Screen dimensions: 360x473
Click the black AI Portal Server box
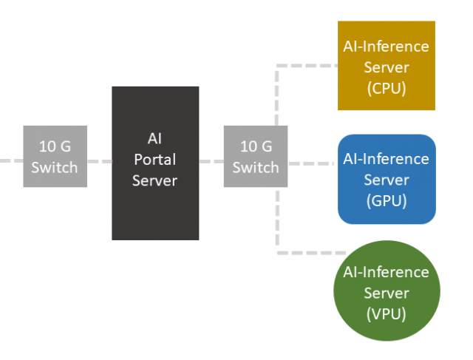pos(155,163)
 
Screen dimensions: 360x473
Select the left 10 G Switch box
pos(54,156)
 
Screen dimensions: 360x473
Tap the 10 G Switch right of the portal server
pos(256,156)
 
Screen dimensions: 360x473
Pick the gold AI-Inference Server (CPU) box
pos(386,65)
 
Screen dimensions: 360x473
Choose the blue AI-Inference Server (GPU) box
pos(386,179)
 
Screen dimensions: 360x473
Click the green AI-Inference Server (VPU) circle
pos(386,293)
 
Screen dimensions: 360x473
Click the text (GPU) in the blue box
pos(386,200)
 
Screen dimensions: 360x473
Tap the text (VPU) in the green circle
pos(386,314)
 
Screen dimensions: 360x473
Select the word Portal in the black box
pos(155,159)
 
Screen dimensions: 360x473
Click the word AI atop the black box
pos(155,139)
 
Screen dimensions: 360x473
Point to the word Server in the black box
pos(155,180)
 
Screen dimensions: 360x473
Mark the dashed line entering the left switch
pos(11,160)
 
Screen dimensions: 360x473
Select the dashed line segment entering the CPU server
pos(310,65)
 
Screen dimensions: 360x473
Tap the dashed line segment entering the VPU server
pos(307,253)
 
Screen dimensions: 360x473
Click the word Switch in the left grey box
pos(54,167)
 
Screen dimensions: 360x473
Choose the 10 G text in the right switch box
pos(256,146)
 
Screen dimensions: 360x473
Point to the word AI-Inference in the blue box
pos(386,159)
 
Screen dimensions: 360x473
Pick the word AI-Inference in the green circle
pos(386,272)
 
